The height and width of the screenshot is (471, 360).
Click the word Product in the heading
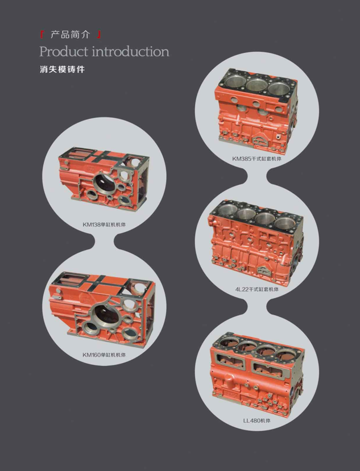coord(64,52)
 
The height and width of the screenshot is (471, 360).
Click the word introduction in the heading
coord(131,52)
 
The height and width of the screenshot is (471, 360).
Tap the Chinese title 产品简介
coord(70,35)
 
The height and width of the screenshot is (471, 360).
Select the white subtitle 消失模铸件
coord(62,69)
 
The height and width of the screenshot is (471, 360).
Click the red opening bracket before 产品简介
coord(43,35)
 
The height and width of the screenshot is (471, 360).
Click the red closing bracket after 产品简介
coord(98,35)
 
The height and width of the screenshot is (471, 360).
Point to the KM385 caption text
coord(256,159)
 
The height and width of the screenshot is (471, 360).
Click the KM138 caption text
coord(104,224)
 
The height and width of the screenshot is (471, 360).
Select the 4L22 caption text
coord(257,289)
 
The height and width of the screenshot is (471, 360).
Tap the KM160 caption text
coord(104,355)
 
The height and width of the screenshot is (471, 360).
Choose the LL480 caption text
coord(256,420)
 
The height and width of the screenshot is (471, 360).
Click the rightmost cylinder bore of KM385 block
coord(279,88)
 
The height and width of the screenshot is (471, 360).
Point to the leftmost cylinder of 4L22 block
coord(229,209)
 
